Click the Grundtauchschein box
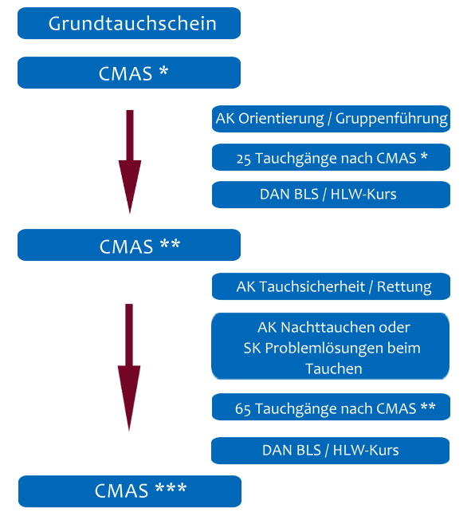point(129,23)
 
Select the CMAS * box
point(129,73)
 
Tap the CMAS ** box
point(129,245)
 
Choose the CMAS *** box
point(130,491)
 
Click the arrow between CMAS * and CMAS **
point(130,162)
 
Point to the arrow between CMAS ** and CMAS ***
point(129,368)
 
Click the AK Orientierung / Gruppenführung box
point(331,119)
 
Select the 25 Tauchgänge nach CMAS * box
point(331,157)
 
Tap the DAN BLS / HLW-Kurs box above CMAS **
point(331,195)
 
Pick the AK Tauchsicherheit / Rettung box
point(331,286)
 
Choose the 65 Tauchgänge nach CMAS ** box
point(331,407)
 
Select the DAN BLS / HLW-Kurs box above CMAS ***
point(330,451)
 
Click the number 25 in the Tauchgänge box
point(244,160)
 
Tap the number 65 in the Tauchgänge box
point(242,409)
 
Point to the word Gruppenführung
point(391,119)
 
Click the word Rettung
point(404,287)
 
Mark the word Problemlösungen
point(324,349)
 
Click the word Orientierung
point(281,119)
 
